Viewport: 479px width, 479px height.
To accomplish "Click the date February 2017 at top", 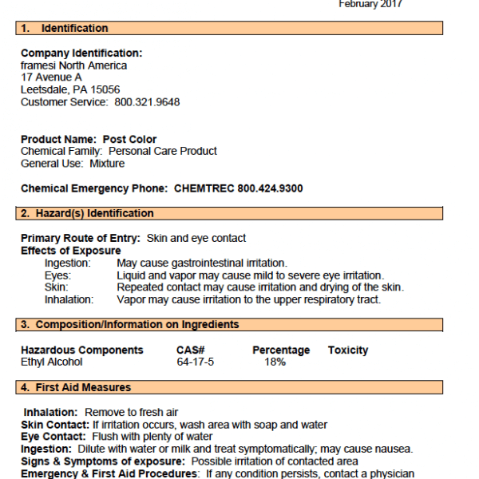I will click(370, 4).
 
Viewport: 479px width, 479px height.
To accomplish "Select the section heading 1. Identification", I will click(65, 29).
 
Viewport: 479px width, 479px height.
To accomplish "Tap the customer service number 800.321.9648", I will click(146, 102).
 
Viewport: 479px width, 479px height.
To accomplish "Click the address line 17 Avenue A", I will click(51, 77).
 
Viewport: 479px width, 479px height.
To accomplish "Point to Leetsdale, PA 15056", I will click(70, 90).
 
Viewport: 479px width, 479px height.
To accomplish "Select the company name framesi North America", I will click(73, 65).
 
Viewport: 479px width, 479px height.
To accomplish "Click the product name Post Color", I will click(129, 139).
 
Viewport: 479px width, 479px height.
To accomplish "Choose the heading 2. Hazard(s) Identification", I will click(88, 214).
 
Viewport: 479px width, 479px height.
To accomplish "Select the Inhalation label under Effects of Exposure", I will click(69, 299).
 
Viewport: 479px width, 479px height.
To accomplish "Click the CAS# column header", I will click(191, 350).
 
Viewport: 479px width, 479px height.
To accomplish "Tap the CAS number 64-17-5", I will click(196, 362).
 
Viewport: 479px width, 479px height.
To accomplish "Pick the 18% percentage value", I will click(275, 362).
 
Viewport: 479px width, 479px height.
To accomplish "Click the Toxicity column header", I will click(348, 350).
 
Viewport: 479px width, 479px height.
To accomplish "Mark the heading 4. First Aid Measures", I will click(76, 388).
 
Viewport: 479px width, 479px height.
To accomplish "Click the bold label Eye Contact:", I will click(53, 437).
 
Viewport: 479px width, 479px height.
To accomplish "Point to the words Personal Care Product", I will click(162, 151).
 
